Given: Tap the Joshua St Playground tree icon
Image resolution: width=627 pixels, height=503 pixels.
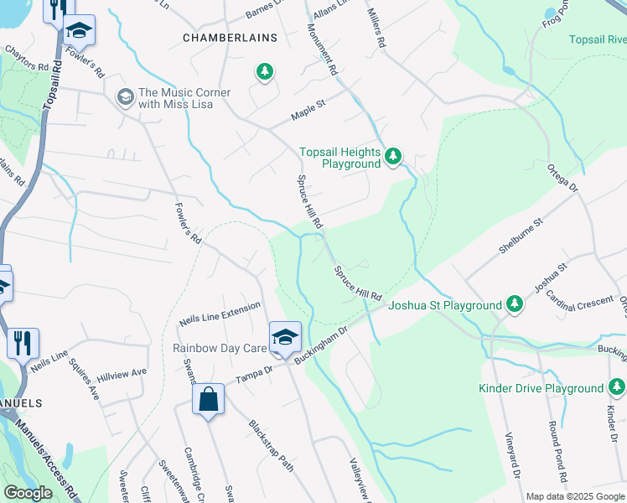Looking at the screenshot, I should click(516, 306).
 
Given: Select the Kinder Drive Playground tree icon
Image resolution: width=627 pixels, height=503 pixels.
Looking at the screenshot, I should click(617, 387).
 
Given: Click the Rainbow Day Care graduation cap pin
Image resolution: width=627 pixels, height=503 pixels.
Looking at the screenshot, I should click(285, 337).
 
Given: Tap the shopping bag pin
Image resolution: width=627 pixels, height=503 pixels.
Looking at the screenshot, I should click(208, 399).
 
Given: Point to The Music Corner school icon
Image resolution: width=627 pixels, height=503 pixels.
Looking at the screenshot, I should click(126, 97).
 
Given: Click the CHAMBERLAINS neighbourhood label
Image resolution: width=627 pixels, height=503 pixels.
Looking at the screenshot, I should click(220, 38).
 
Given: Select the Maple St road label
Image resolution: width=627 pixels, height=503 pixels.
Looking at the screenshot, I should click(308, 108).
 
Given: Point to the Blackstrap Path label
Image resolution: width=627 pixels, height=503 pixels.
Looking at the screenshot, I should click(270, 442).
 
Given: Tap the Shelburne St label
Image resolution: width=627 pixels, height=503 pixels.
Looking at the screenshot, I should click(521, 236).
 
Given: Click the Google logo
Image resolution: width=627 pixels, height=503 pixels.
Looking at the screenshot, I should click(28, 493).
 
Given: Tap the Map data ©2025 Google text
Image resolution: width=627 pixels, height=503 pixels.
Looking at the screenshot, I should click(575, 496).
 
